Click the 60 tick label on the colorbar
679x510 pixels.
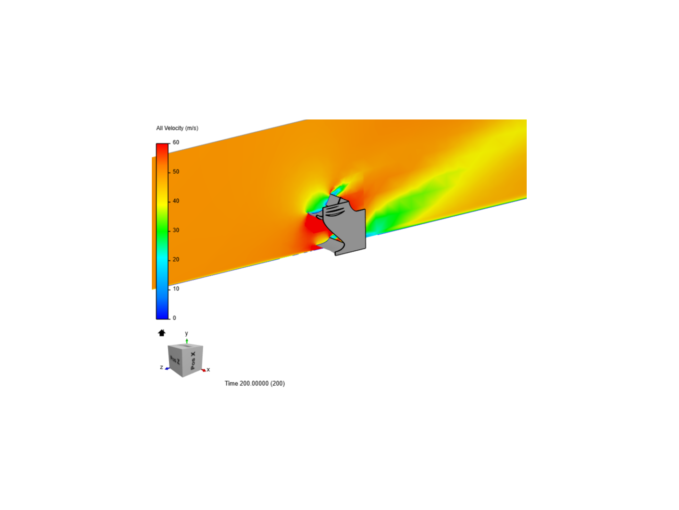tap(176, 142)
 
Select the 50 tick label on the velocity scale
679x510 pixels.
tap(176, 171)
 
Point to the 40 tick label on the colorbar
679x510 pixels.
tap(176, 201)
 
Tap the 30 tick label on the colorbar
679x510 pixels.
tap(176, 230)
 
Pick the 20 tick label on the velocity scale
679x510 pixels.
tap(176, 260)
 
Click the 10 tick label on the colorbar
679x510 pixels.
tap(176, 289)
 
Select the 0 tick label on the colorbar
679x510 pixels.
tap(174, 318)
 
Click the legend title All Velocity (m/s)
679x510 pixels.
tap(177, 128)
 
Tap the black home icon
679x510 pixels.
tap(161, 332)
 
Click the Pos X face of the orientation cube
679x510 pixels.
tap(193, 360)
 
